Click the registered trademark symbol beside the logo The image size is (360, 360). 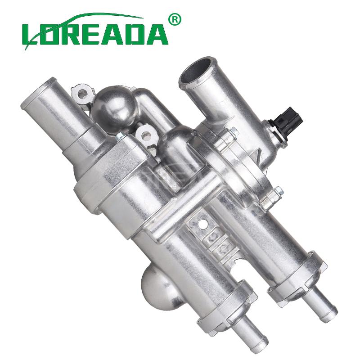point(175,20)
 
